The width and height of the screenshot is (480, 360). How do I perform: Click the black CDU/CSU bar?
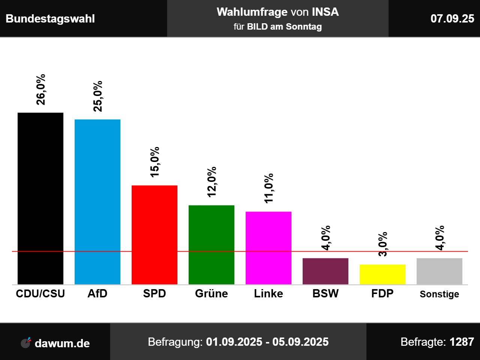pos(40,198)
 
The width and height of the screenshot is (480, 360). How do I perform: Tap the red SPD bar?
pos(154,235)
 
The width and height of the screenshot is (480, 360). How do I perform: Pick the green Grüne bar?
pos(211,244)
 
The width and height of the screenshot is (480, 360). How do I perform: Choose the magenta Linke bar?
pos(268,248)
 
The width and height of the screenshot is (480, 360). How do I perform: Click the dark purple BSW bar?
pos(325,271)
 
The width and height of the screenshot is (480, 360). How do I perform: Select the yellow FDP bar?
pos(382,274)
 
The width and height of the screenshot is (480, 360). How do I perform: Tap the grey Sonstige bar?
pos(439,271)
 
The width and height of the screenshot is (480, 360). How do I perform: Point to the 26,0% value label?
pos(40,90)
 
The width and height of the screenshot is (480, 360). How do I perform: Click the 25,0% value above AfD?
pos(97,96)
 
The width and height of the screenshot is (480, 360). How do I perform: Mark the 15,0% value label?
pos(154,162)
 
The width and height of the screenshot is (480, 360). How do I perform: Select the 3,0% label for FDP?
pos(382,244)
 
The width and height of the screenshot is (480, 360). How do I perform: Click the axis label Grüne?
pos(211,294)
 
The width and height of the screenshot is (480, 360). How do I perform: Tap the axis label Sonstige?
pos(439,294)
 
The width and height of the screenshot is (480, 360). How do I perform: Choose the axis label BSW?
pos(325,294)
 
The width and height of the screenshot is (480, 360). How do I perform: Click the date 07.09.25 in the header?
pos(452,19)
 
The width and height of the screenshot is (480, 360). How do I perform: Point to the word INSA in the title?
pos(325,12)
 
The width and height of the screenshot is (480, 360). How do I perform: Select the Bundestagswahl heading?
pos(50,19)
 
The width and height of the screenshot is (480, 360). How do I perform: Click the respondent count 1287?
pos(462,342)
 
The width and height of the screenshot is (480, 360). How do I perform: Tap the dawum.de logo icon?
pos(25,342)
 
